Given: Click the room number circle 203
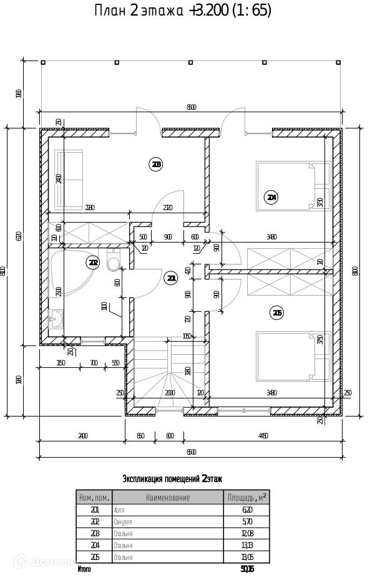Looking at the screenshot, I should pos(156,165).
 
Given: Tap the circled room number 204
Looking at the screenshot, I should pos(271,198).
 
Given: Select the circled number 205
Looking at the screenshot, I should pos(277,312).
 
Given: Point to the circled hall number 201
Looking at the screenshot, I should pos(171,278).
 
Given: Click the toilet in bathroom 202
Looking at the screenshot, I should pos(113,263).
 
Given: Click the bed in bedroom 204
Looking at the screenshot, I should pos(293,186).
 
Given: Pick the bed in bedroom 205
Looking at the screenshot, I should pos(293,355).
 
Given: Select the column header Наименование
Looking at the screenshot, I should pos(168,498).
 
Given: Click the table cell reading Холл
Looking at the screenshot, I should pos(119,510).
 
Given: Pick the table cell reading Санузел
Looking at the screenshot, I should pos(123,522).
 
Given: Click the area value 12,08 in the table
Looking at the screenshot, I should pos(246,534).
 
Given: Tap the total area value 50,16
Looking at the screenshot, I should pos(247,569).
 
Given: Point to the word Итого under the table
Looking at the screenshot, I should pos(84,569).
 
